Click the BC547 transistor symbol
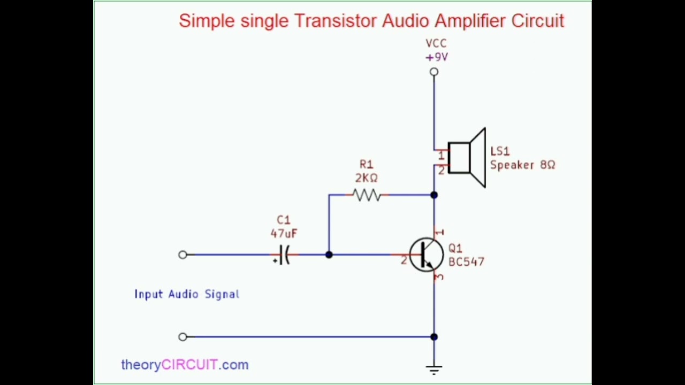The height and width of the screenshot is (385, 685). (426, 255)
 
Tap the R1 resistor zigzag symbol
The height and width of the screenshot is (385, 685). (367, 195)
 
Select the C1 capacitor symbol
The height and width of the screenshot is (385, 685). (284, 255)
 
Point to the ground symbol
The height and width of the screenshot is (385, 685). (434, 369)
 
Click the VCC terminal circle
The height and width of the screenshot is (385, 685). (434, 72)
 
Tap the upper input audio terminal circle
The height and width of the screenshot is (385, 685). (183, 255)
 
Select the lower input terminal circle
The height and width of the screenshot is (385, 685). (183, 337)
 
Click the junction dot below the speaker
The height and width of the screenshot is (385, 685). (434, 195)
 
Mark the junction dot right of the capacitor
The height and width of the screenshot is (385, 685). (329, 255)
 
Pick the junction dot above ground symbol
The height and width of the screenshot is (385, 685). (434, 337)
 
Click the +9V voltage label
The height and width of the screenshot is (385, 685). (437, 57)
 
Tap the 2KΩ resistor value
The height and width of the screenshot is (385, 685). (367, 178)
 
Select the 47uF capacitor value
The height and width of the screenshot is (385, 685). (284, 234)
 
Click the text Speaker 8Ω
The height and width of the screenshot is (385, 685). (523, 165)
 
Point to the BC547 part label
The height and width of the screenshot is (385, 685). (466, 262)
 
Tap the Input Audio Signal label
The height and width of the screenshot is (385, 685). (187, 294)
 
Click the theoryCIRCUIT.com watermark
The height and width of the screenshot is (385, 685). (185, 365)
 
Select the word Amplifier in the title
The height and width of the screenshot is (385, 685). (470, 21)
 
